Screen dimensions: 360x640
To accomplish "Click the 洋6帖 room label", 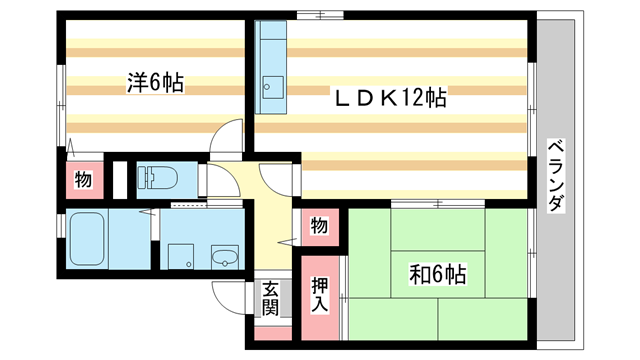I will (155, 83).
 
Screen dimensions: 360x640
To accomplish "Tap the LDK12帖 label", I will (389, 98).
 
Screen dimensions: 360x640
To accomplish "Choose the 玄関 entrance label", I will (270, 299).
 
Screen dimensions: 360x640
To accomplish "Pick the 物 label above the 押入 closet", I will (318, 226).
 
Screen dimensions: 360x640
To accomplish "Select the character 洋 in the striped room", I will (135, 83).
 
